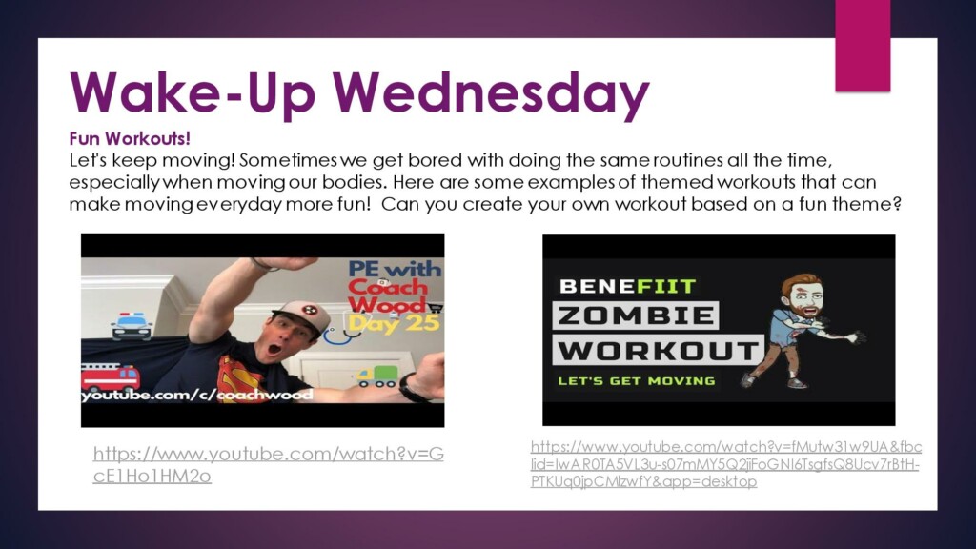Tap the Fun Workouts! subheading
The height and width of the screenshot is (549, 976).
tap(130, 138)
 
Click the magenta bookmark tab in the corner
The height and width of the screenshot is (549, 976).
tap(863, 46)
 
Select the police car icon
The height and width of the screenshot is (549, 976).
tap(132, 326)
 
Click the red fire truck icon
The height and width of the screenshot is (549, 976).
tap(111, 377)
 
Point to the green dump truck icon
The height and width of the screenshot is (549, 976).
tap(376, 376)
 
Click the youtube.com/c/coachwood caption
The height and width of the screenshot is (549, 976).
tap(197, 395)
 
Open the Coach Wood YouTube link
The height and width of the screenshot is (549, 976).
tap(268, 464)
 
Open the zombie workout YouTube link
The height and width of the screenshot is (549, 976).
tap(725, 464)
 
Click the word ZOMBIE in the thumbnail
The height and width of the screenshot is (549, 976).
tap(636, 315)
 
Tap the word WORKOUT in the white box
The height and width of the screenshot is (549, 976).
tap(658, 351)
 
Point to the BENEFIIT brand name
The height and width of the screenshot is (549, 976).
tap(627, 286)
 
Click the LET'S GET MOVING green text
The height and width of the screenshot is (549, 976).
tap(636, 381)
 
